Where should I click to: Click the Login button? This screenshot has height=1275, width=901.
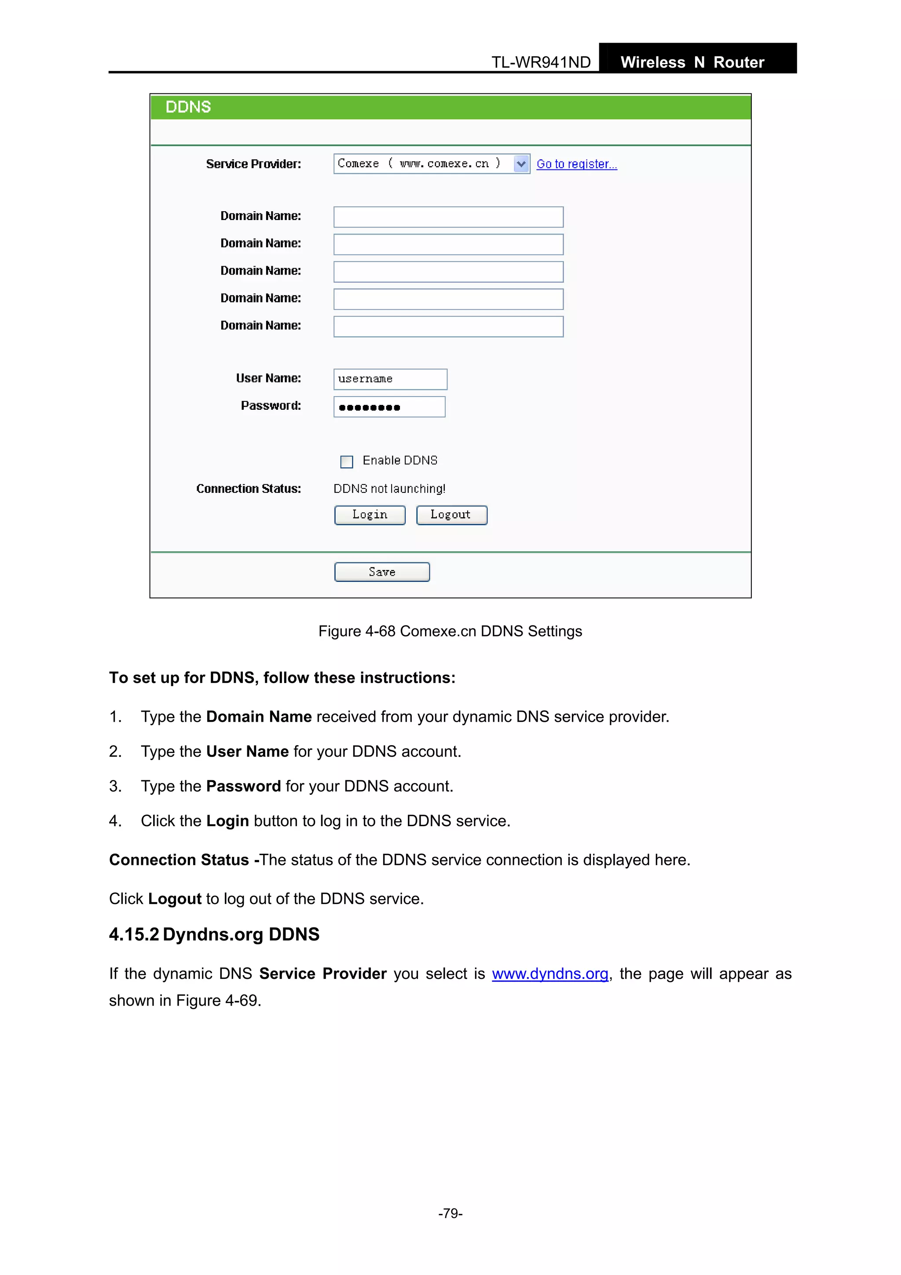pos(370,515)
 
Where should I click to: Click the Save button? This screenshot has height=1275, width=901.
pos(382,572)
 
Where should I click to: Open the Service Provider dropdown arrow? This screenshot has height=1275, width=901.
pos(521,164)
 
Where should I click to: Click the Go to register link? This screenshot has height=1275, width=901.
pos(576,164)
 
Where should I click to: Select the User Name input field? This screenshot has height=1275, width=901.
pos(390,379)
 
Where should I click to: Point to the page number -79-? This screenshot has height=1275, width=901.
pos(450,1213)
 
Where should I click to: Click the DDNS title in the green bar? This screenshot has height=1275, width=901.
pos(188,107)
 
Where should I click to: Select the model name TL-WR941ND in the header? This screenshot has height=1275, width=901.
pos(541,62)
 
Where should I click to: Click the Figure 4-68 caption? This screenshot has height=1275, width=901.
pos(450,632)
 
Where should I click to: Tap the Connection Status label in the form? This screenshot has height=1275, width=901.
pos(248,489)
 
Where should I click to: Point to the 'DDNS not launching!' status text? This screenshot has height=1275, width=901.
pos(389,489)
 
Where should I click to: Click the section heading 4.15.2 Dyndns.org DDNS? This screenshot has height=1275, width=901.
pos(214,935)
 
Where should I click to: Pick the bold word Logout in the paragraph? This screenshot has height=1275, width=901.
pos(174,899)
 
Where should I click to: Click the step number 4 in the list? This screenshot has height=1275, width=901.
pos(114,821)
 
